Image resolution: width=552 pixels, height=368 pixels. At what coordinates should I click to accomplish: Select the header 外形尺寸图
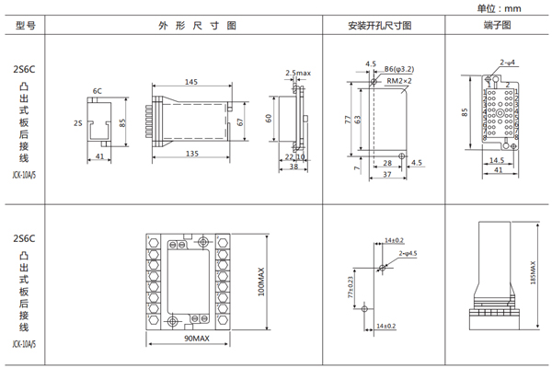[184, 25]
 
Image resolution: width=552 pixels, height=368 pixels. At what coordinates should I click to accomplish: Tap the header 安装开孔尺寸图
[380, 25]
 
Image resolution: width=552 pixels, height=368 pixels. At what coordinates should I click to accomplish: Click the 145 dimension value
[191, 83]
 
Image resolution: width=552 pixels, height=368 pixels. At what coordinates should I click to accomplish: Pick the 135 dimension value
[191, 152]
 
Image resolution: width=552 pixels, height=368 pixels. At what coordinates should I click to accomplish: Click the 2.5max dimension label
[299, 72]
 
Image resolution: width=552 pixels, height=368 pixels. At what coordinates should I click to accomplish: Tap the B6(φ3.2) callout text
[398, 69]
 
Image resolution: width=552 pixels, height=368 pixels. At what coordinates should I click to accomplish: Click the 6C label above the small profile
[97, 91]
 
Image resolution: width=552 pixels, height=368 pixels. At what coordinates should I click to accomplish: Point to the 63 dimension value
[361, 118]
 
